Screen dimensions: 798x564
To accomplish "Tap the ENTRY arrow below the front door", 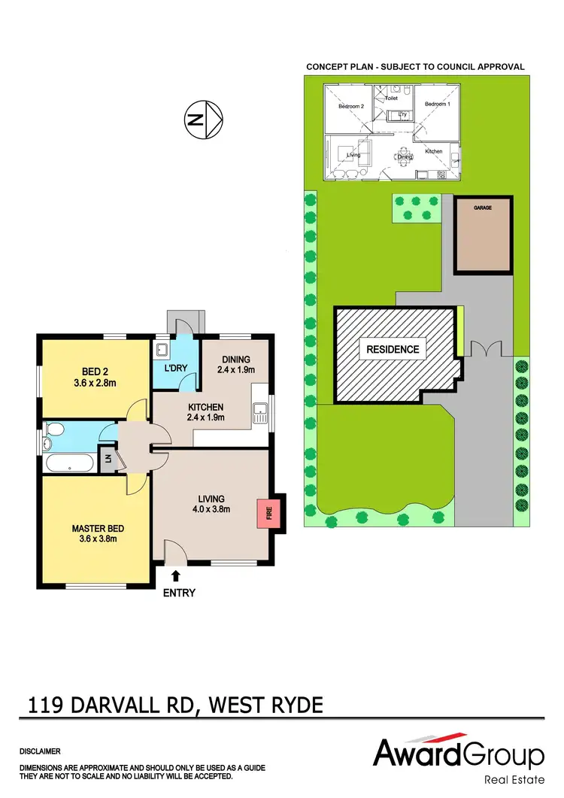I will point(176,576).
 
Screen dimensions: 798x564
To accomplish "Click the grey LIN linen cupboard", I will point(108,459).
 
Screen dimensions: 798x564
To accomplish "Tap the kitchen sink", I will point(260,411).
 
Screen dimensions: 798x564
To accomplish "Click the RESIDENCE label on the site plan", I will point(393,349).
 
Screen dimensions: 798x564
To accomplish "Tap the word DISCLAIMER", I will point(40,751).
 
